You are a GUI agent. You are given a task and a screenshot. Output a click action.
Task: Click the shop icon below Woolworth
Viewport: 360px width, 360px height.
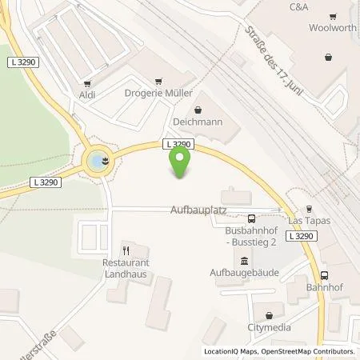(x=330, y=57)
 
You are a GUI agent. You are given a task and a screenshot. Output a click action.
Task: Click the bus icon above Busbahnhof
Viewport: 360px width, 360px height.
(x=251, y=218)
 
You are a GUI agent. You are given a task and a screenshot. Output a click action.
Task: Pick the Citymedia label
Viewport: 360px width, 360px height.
(x=270, y=327)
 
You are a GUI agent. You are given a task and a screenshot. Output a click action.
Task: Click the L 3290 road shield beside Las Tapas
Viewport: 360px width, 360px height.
(x=302, y=236)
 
